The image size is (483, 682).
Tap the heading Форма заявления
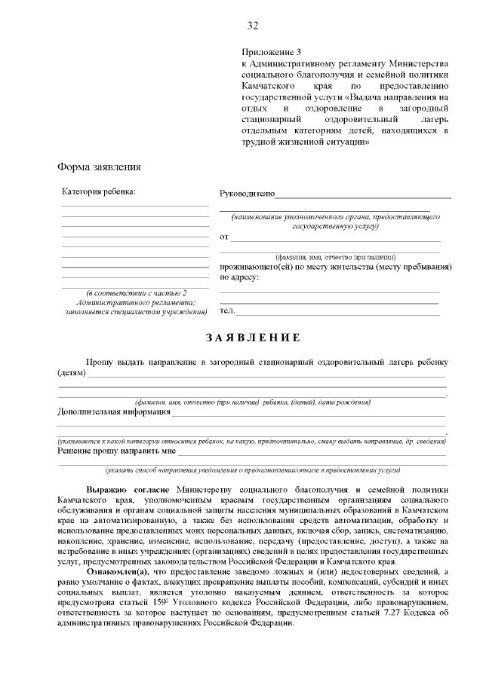100,167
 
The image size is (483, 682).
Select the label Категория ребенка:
99,191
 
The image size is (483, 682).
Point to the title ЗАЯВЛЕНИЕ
253,337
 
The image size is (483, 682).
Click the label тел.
227,310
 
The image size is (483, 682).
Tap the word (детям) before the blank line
72,373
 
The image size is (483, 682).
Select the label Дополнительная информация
115,412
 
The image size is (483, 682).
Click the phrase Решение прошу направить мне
117,451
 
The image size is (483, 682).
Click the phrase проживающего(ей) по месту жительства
302,267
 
